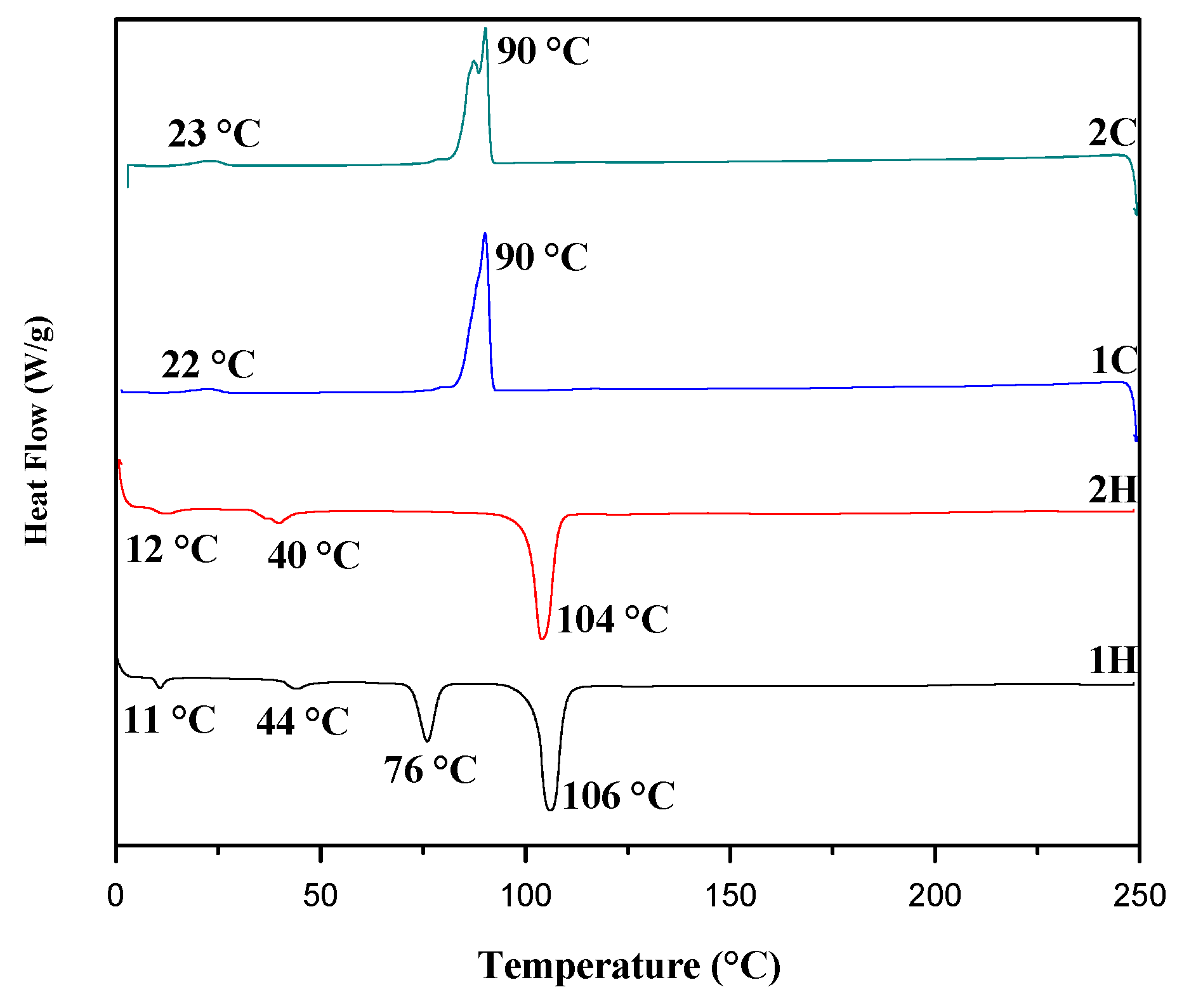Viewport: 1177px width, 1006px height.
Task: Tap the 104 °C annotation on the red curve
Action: pos(612,619)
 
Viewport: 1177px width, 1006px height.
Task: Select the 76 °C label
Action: pos(430,770)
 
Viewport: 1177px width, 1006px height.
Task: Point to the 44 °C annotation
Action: pos(303,721)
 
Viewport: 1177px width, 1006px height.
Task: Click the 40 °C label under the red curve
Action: pos(313,555)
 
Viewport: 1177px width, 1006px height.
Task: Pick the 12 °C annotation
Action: pos(171,549)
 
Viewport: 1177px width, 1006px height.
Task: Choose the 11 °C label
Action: pos(169,720)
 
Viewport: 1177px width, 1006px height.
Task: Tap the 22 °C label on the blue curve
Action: pos(208,365)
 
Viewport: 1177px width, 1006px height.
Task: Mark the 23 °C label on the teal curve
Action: pos(214,134)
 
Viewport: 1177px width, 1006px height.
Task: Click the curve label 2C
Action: pos(1112,133)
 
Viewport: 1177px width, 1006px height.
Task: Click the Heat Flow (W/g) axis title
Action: pos(37,431)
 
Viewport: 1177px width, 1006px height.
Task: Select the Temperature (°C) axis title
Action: pos(629,966)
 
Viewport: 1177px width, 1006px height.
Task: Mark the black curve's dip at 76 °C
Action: pos(428,740)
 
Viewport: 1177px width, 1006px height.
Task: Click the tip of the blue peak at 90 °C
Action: pos(485,234)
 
